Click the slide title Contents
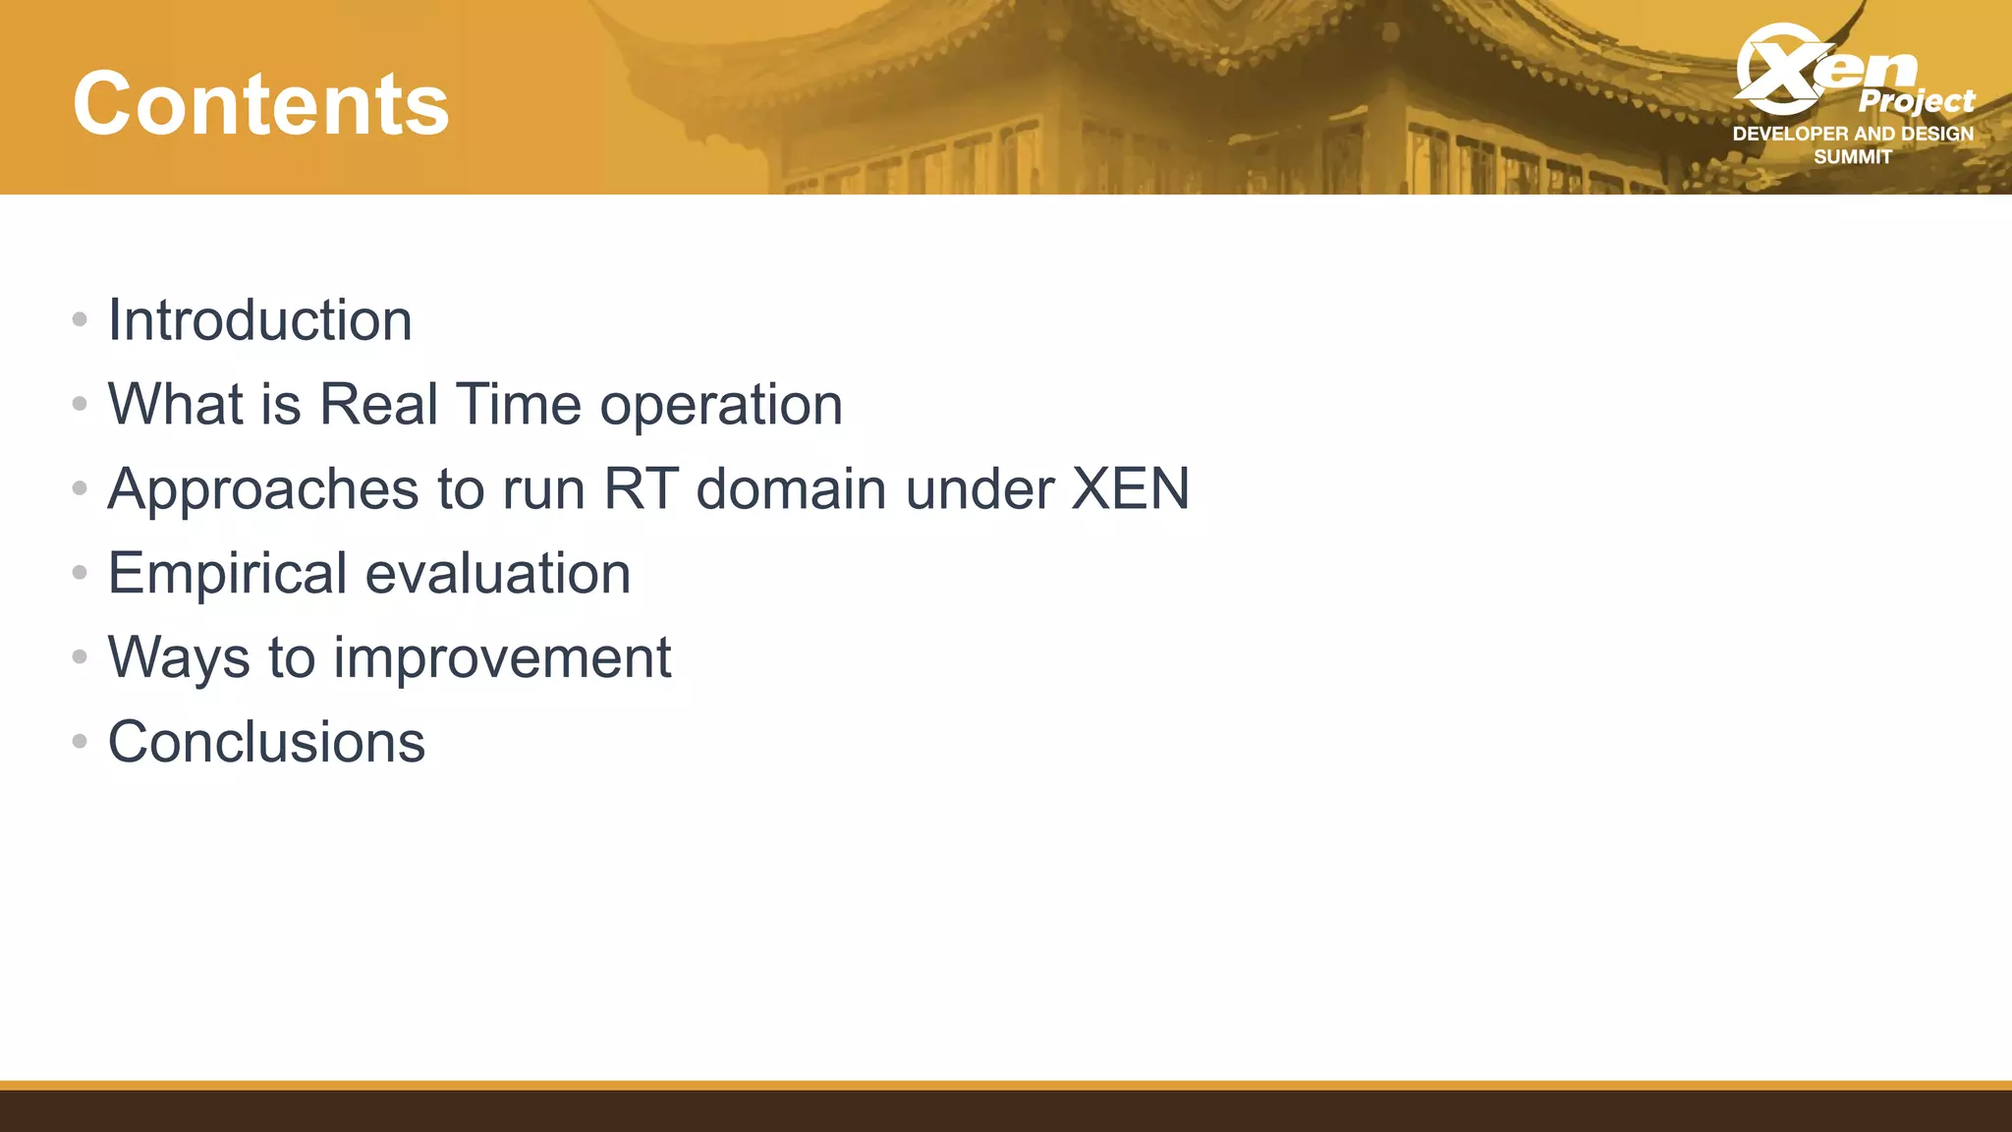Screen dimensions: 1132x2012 coord(260,104)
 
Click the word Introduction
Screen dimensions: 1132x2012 coord(259,320)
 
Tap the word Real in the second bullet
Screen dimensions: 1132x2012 coord(378,404)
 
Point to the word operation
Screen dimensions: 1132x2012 coord(721,406)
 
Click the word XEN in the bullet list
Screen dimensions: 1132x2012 coord(1130,488)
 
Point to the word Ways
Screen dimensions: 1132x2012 coord(179,658)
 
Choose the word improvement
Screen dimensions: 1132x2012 coord(502,658)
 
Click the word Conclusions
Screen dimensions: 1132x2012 coord(266,742)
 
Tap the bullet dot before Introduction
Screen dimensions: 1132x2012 coord(80,319)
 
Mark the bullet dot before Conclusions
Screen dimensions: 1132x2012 coord(80,741)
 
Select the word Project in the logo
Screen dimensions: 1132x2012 coord(1916,101)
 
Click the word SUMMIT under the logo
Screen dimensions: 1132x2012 coord(1852,157)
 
